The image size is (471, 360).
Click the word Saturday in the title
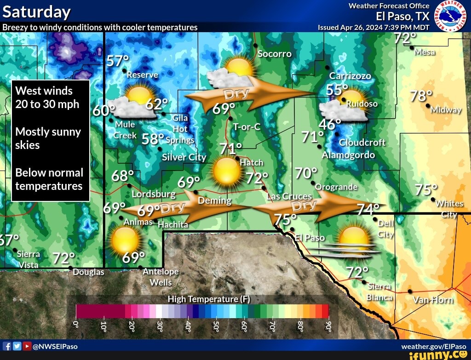37,11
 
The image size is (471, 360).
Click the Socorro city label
275,54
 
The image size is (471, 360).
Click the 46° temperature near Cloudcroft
329,125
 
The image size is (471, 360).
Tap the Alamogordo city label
348,155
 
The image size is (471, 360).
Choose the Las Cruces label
289,196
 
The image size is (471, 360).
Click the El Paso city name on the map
310,238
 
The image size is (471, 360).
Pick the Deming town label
214,200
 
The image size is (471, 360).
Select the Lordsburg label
154,194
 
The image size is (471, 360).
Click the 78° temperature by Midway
421,97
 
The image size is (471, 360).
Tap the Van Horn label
433,300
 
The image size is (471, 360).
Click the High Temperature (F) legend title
209,299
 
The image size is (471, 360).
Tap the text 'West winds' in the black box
44,91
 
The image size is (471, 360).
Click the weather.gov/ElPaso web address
433,346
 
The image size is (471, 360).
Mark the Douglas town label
88,272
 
